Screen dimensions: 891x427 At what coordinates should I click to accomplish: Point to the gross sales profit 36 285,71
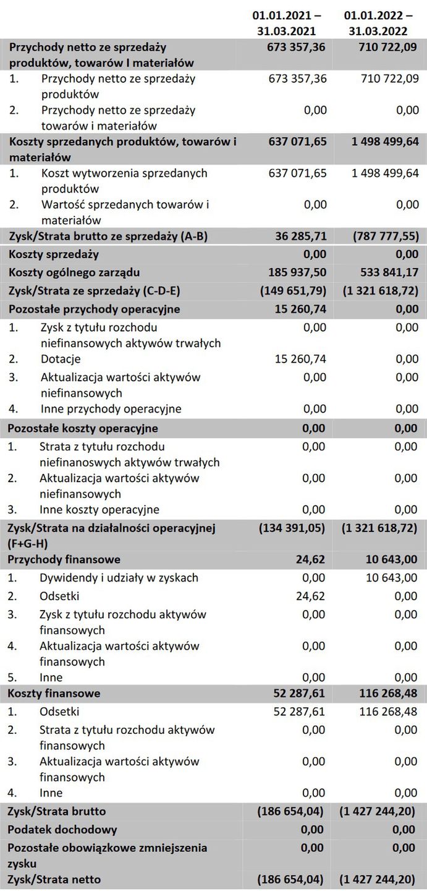click(298, 236)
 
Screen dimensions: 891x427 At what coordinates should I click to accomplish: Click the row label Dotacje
click(61, 359)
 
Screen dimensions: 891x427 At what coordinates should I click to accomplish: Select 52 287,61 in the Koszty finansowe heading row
click(298, 693)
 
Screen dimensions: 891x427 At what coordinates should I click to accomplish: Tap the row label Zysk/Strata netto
click(54, 879)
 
